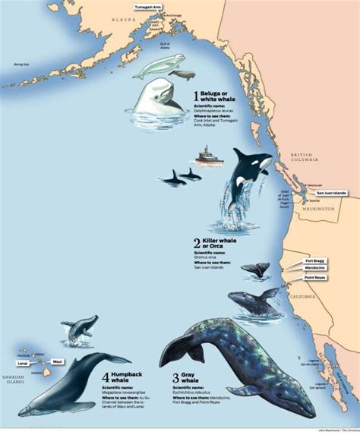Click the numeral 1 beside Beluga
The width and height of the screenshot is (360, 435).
click(x=196, y=96)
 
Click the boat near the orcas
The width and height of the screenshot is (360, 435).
click(x=208, y=156)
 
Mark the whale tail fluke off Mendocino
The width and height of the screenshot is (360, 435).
click(x=257, y=269)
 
